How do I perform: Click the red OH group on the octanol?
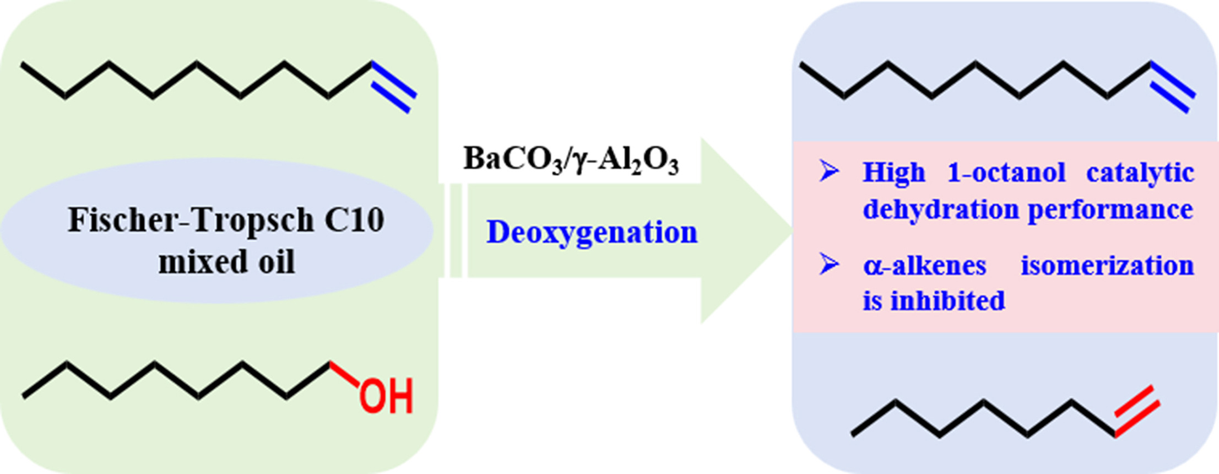(386, 396)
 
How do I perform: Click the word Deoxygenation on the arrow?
(592, 233)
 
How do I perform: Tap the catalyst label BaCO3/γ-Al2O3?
(571, 160)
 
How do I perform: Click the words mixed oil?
(226, 262)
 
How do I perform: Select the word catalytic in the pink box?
(1140, 173)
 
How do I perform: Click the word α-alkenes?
(924, 266)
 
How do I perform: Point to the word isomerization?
(1107, 266)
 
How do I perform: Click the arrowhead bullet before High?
(828, 171)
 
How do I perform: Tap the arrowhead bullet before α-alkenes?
(828, 265)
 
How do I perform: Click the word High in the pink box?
(893, 173)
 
